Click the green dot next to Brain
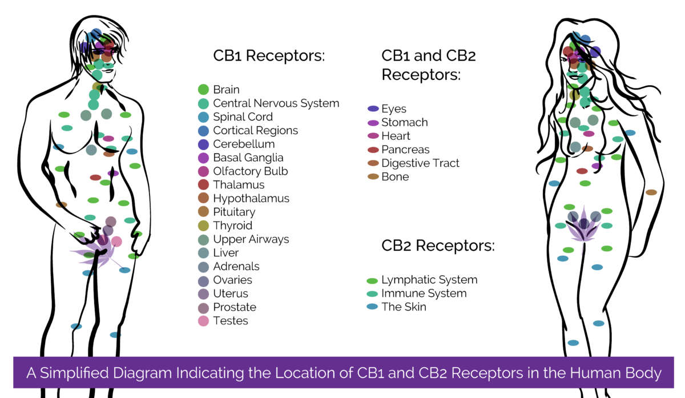pos(203,90)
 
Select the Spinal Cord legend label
pos(243,117)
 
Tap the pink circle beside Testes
pos(203,321)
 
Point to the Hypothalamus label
pos(251,199)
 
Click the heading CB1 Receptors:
pos(269,56)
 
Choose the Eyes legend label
pos(394,108)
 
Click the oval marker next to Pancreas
pos(373,150)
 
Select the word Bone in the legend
pos(395,177)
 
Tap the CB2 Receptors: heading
pos(438,246)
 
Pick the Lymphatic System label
pos(429,280)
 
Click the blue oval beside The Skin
pos(373,307)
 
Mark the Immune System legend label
pos(424,294)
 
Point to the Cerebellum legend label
pos(244,144)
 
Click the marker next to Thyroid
pos(203,226)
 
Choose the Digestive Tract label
pos(420,163)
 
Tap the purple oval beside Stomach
pos(373,123)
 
